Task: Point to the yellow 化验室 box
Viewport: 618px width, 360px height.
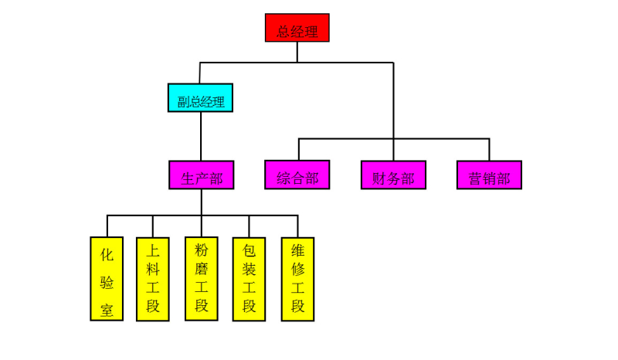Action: pyautogui.click(x=107, y=278)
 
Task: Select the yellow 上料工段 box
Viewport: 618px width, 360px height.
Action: pyautogui.click(x=153, y=278)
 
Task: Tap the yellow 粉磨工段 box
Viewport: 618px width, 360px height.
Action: pyautogui.click(x=201, y=278)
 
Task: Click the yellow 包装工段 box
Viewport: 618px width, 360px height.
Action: pyautogui.click(x=249, y=278)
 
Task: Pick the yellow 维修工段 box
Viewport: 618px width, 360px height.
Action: pyautogui.click(x=297, y=278)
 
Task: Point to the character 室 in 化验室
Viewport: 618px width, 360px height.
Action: pyautogui.click(x=107, y=310)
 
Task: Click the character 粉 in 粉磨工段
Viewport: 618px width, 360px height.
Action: pyautogui.click(x=201, y=250)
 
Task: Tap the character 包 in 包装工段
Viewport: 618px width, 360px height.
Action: pyautogui.click(x=249, y=250)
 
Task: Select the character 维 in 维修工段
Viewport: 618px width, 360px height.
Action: pyautogui.click(x=297, y=250)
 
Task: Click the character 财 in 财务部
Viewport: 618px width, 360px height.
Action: pyautogui.click(x=379, y=179)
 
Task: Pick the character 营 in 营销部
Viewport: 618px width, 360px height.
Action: pyautogui.click(x=475, y=179)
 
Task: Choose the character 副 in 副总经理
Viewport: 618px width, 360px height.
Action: pyautogui.click(x=183, y=102)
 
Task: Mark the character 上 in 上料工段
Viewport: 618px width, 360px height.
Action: pyautogui.click(x=153, y=250)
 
